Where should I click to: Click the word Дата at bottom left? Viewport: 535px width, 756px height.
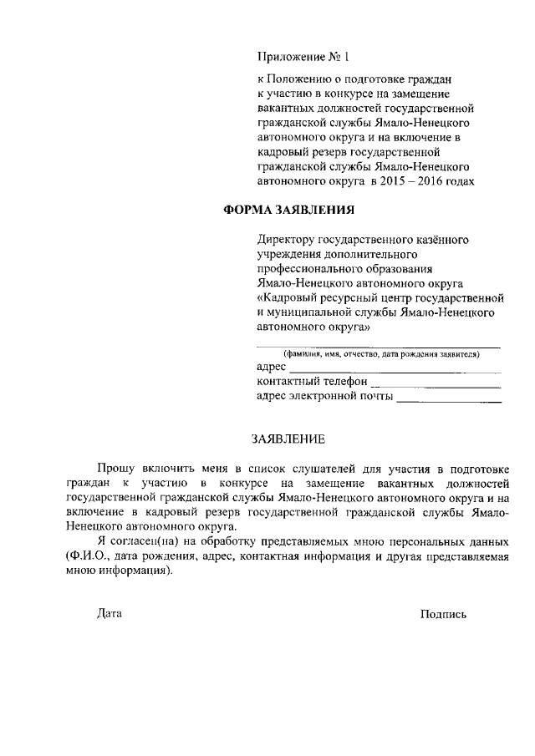tap(109, 613)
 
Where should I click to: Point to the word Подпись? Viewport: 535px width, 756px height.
tap(443, 613)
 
